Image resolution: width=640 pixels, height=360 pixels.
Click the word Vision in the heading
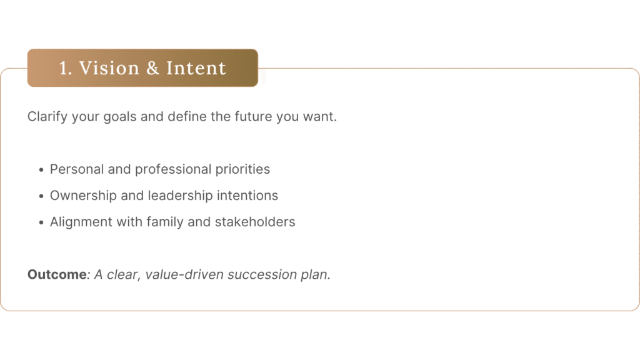click(109, 67)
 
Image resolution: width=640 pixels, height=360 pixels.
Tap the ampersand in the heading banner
click(152, 67)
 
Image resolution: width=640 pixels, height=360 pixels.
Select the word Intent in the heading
click(196, 67)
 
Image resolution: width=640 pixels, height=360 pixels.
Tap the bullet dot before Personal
click(41, 170)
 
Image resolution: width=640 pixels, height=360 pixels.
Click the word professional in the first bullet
click(173, 169)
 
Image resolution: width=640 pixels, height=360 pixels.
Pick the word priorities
click(242, 169)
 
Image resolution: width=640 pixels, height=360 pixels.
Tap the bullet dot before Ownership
click(41, 196)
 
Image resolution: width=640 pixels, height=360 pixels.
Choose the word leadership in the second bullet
click(180, 196)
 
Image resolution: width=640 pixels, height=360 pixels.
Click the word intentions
click(247, 196)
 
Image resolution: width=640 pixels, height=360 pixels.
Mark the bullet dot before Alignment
click(41, 222)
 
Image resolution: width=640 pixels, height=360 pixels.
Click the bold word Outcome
click(57, 274)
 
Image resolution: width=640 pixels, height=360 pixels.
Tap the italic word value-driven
click(184, 274)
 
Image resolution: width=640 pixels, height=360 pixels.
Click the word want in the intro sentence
click(319, 117)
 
